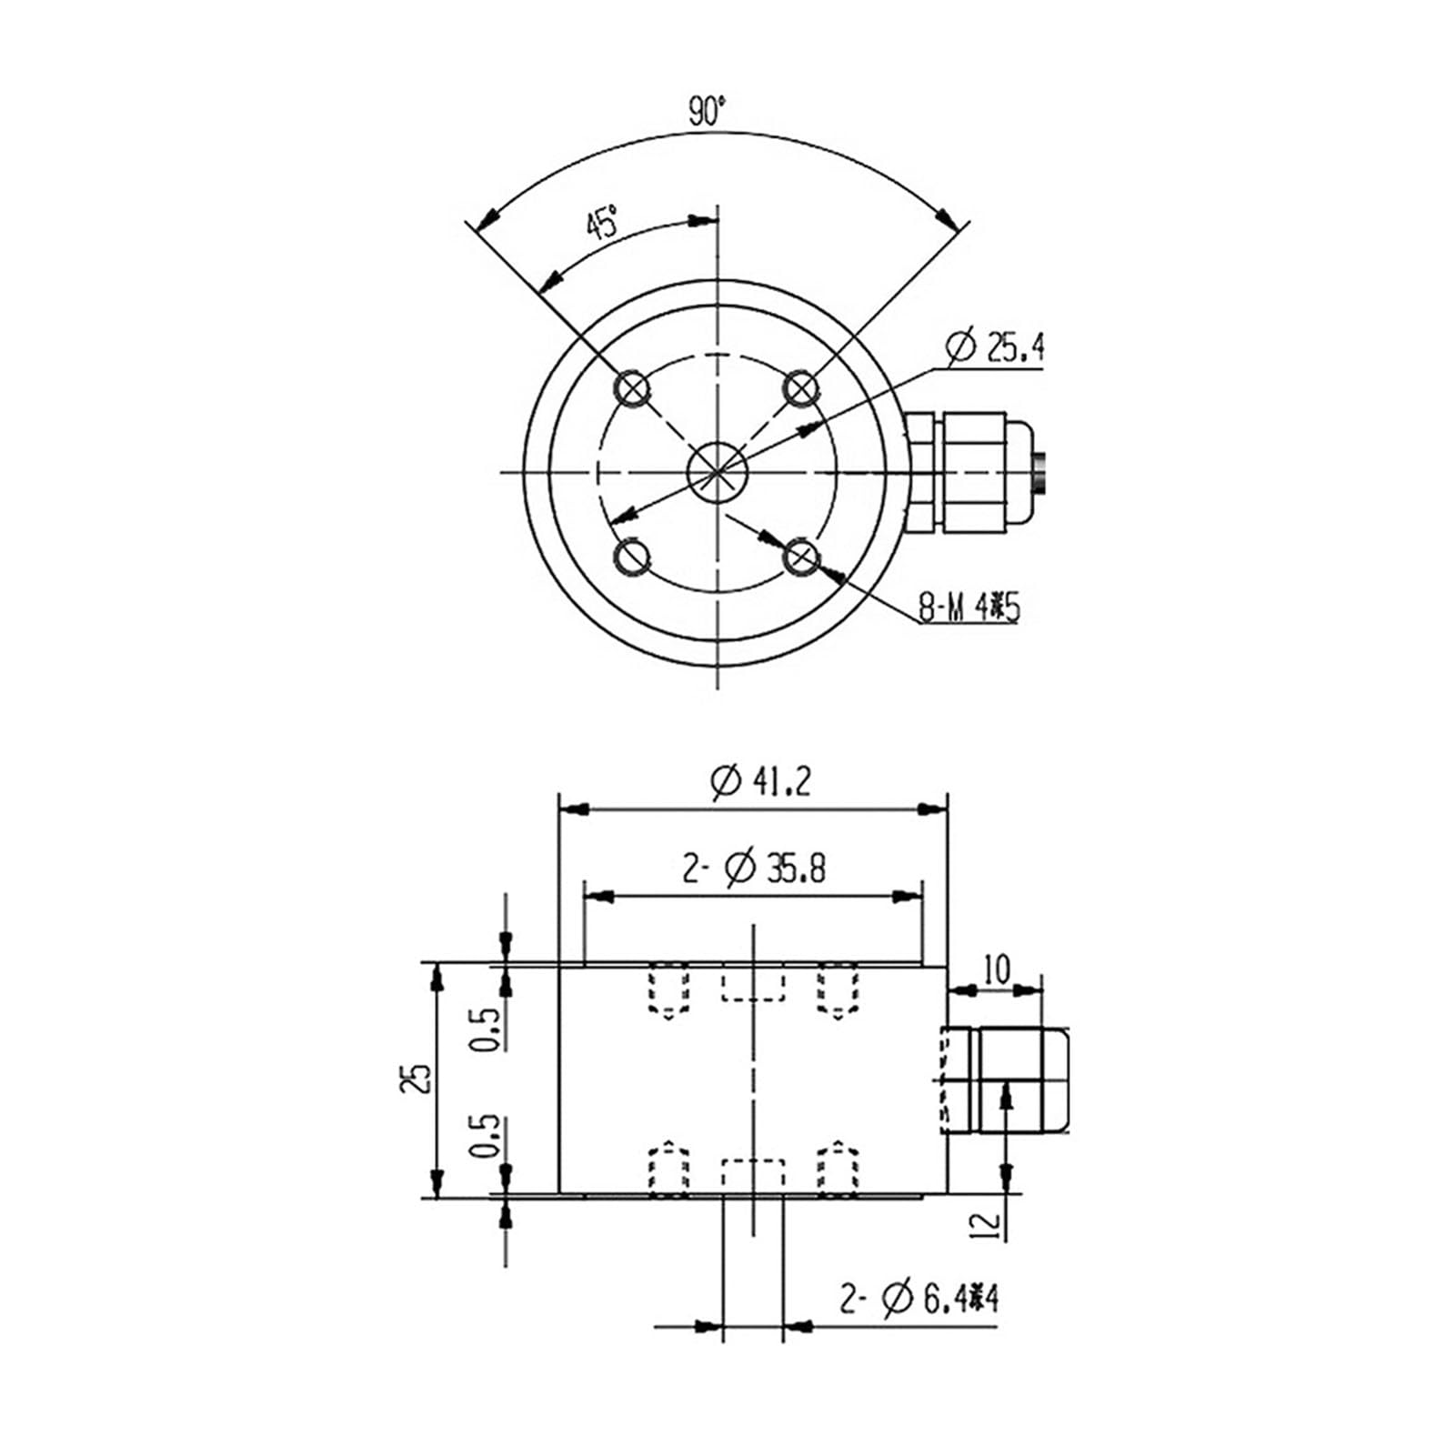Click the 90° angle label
pyautogui.click(x=708, y=111)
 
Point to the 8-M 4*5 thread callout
pyautogui.click(x=969, y=608)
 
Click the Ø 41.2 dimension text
pyautogui.click(x=760, y=781)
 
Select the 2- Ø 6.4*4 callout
pyautogui.click(x=919, y=1299)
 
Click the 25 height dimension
pyautogui.click(x=419, y=1078)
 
